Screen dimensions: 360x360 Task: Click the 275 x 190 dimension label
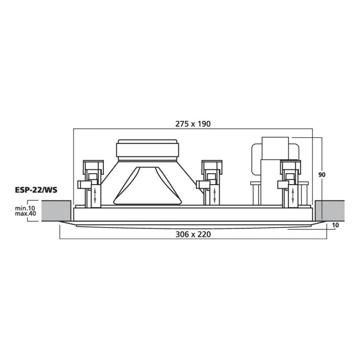[x=193, y=124]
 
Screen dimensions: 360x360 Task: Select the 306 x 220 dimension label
[x=193, y=235]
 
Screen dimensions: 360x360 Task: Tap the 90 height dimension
[x=322, y=175]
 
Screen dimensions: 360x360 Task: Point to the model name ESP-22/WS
[x=36, y=190]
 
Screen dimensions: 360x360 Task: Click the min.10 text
[x=25, y=208]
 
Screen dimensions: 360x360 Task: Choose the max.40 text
[x=25, y=213]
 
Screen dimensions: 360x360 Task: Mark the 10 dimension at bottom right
[x=335, y=225]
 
